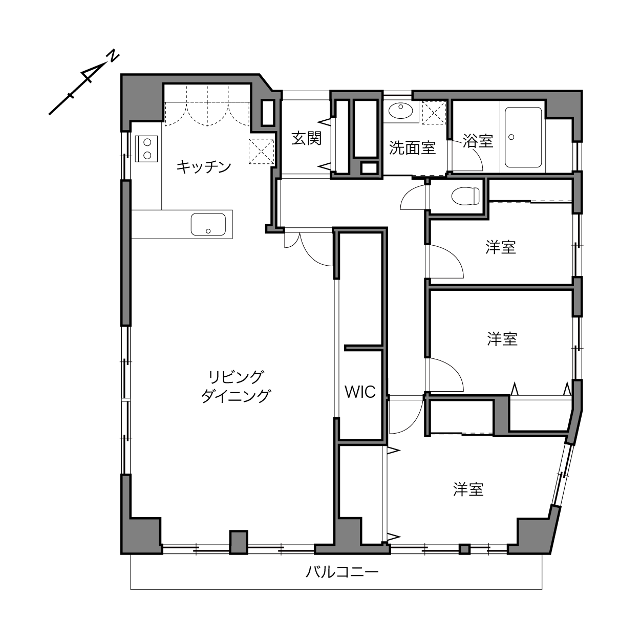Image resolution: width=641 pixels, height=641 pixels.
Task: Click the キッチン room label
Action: coord(204,167)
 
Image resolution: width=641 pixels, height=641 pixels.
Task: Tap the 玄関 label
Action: coord(306,138)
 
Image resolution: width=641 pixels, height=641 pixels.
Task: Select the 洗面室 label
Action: coord(412,148)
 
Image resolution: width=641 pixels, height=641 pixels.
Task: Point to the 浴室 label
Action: coord(478,141)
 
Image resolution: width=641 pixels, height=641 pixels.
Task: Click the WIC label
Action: coord(360,392)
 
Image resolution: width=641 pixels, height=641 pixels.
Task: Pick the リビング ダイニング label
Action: coord(236,387)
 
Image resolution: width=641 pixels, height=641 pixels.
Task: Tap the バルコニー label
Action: coord(343,572)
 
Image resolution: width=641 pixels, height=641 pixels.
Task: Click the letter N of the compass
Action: coord(113,56)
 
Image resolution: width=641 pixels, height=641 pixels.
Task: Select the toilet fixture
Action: coord(465,196)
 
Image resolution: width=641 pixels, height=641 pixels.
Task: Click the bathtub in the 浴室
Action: coord(523,137)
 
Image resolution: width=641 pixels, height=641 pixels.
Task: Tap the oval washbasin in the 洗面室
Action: coord(401,111)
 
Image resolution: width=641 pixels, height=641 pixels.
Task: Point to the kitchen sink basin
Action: coord(208,224)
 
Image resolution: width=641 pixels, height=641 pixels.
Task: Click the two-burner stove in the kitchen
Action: coord(146,148)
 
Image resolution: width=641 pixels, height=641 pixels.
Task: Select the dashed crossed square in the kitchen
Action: coord(261,152)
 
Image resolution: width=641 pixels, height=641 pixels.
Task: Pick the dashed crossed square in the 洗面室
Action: coord(434,113)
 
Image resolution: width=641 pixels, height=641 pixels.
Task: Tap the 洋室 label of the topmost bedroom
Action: coord(501,247)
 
